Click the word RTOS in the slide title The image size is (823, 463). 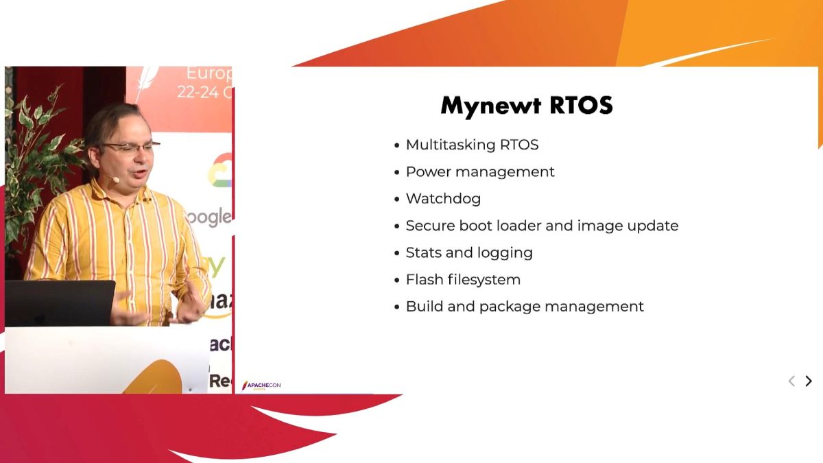[582, 106]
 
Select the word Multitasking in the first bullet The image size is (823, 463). [446, 145]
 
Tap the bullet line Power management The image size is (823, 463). [480, 171]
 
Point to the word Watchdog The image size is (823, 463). [443, 199]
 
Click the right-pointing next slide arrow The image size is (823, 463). [809, 381]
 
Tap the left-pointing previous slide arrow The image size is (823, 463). [791, 381]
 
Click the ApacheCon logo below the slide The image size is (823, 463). [261, 385]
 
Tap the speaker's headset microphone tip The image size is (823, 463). [116, 180]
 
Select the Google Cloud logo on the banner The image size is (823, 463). [221, 171]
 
